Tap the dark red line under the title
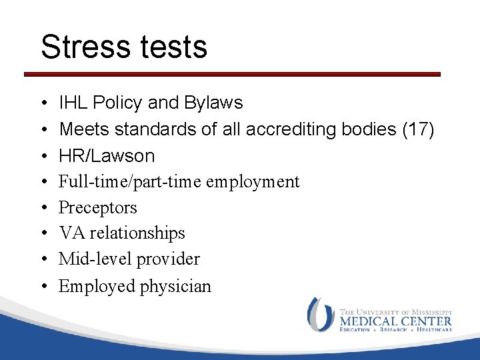tap(233, 74)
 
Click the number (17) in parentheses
tap(417, 129)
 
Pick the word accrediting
tap(290, 129)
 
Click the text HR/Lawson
tap(107, 156)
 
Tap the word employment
tap(259, 181)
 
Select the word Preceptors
tap(98, 207)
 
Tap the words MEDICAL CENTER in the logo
tap(395, 321)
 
